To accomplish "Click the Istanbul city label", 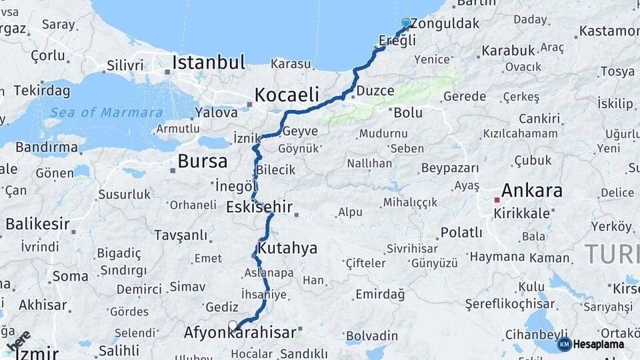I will click(208, 63).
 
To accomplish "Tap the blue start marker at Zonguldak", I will click(406, 23).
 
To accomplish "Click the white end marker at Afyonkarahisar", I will click(233, 325).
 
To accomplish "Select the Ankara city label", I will click(531, 191).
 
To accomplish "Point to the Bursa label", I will click(202, 161).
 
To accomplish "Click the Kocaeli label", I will click(286, 94).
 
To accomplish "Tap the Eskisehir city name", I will click(259, 207).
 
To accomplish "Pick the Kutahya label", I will click(287, 248).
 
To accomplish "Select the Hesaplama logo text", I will click(599, 345).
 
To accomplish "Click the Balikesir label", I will click(37, 223).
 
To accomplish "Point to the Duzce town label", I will click(375, 91).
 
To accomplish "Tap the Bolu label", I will click(407, 113).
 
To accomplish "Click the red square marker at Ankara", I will click(496, 199).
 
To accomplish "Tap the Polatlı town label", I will click(461, 233).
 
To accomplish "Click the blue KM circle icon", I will click(564, 345).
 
